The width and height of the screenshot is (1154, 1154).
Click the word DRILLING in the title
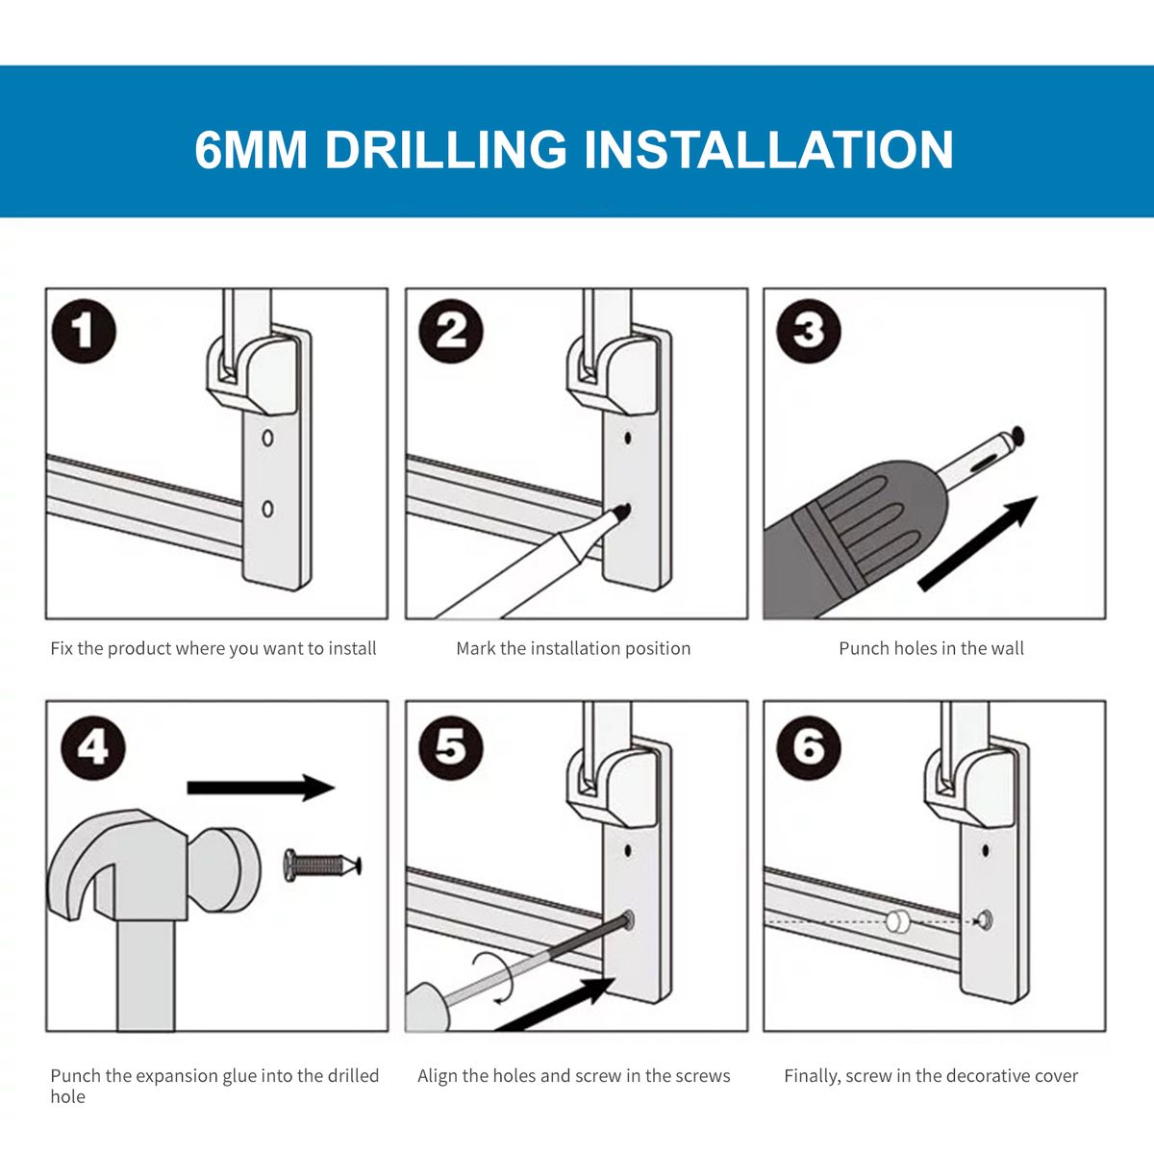tap(445, 149)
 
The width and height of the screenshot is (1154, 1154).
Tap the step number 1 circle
tap(84, 331)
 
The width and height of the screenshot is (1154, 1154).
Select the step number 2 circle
tap(450, 331)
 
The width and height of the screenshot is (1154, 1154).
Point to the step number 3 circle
tap(809, 331)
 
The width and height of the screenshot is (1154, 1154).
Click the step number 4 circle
tap(93, 748)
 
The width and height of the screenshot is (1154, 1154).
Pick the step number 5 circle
tap(450, 748)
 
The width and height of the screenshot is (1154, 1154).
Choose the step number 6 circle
tap(809, 748)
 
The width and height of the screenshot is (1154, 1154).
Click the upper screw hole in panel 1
tap(267, 438)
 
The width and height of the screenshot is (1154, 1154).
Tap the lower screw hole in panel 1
tap(267, 509)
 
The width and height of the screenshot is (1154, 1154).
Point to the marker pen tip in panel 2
tap(623, 511)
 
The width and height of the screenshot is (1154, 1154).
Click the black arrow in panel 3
tap(977, 543)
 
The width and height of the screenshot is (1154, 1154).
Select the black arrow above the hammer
tap(262, 788)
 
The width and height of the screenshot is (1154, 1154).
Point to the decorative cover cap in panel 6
tap(896, 920)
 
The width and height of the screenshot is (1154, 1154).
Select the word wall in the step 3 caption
tap(1007, 648)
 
